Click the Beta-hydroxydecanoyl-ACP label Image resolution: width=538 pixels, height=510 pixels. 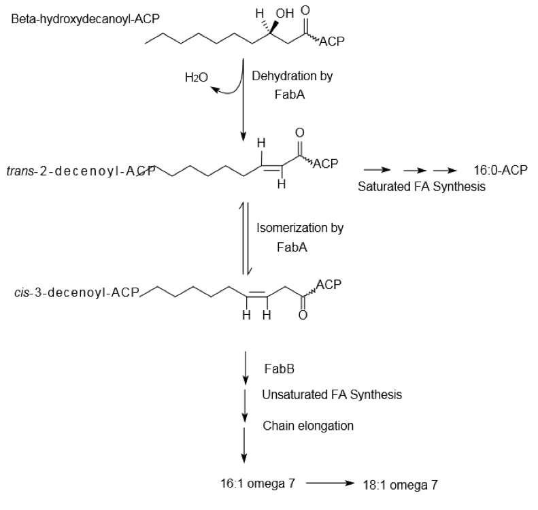[x=85, y=18]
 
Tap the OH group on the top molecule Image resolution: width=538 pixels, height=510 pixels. [x=285, y=13]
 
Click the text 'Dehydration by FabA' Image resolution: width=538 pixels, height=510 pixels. [x=292, y=86]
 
